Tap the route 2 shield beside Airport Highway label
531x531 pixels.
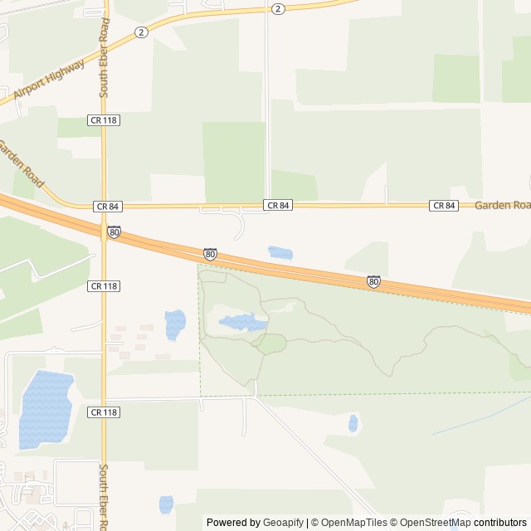pyautogui.click(x=143, y=32)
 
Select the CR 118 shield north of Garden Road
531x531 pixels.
pyautogui.click(x=104, y=120)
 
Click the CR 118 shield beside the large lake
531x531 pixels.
pyautogui.click(x=104, y=412)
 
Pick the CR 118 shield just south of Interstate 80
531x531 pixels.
pyautogui.click(x=104, y=285)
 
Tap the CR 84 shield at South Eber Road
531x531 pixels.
pyautogui.click(x=107, y=206)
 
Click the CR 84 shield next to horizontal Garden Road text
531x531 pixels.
pyautogui.click(x=444, y=206)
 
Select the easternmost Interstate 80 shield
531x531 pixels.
pyautogui.click(x=373, y=282)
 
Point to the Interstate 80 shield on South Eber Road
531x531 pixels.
pyautogui.click(x=114, y=232)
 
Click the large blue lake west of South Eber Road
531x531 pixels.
pyautogui.click(x=45, y=410)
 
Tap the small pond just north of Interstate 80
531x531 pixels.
pyautogui.click(x=280, y=252)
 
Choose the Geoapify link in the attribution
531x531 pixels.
pyautogui.click(x=283, y=523)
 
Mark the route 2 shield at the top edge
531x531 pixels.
pyautogui.click(x=277, y=8)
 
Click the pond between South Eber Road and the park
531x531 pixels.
pyautogui.click(x=174, y=324)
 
